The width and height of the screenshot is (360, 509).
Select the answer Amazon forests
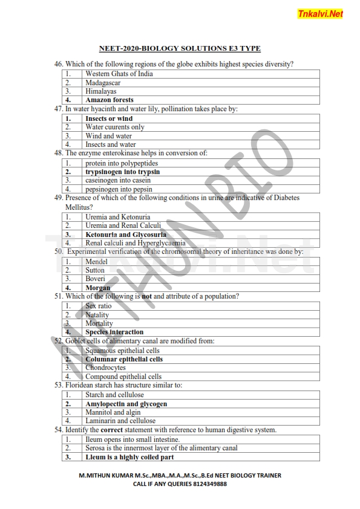(x=110, y=100)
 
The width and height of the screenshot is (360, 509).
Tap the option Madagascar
(x=103, y=83)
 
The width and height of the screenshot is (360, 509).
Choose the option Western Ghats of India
(x=119, y=74)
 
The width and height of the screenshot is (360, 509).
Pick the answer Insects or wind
(x=109, y=118)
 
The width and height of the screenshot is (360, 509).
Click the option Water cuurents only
(x=115, y=127)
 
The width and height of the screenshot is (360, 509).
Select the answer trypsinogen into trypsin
(x=122, y=172)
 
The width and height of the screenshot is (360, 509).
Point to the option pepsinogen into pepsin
(x=119, y=189)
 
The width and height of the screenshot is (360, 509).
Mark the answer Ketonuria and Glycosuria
(x=126, y=235)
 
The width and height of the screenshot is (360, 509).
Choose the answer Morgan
(x=98, y=288)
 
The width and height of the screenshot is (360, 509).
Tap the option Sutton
(x=95, y=270)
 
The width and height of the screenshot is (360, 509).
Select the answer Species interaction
(x=114, y=332)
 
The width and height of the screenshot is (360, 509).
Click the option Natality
(x=97, y=314)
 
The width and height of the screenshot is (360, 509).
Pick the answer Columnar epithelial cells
(x=124, y=359)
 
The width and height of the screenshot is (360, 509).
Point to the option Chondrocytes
(x=106, y=368)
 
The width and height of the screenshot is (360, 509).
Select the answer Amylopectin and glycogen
(x=126, y=404)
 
